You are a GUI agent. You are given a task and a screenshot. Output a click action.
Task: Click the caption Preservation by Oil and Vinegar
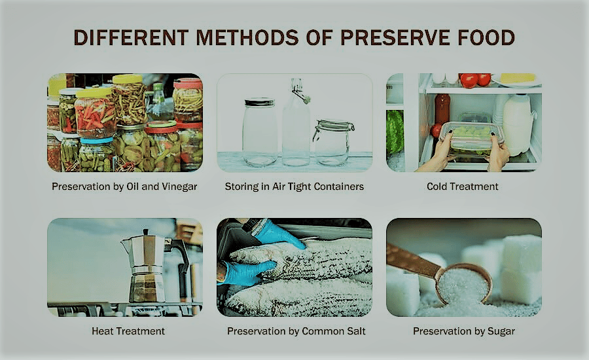(x=124, y=187)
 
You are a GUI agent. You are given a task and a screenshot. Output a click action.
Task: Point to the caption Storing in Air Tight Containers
(x=294, y=187)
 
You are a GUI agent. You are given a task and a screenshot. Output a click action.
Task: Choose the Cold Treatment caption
(x=463, y=187)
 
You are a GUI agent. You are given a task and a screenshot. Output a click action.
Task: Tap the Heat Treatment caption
(x=124, y=331)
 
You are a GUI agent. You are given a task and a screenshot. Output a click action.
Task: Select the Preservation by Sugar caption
(x=463, y=331)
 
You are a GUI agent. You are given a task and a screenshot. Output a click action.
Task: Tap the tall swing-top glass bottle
(x=296, y=124)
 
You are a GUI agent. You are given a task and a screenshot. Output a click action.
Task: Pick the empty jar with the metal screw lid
(x=259, y=131)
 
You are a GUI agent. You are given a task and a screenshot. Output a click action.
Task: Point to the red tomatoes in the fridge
(x=475, y=80)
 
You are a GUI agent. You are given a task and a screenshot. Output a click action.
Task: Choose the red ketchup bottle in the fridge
(x=442, y=109)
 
